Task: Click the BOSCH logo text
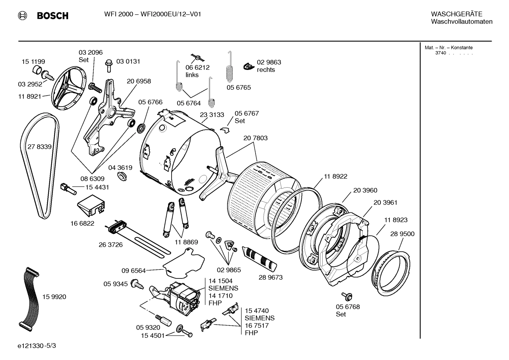coord(52,16)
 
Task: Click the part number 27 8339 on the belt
coord(39,147)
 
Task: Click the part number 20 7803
coord(255,138)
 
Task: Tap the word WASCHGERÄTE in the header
coord(456,14)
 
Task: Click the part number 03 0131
coord(128,61)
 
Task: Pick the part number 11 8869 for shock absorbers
coord(186,242)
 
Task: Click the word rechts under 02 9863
coord(266,70)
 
